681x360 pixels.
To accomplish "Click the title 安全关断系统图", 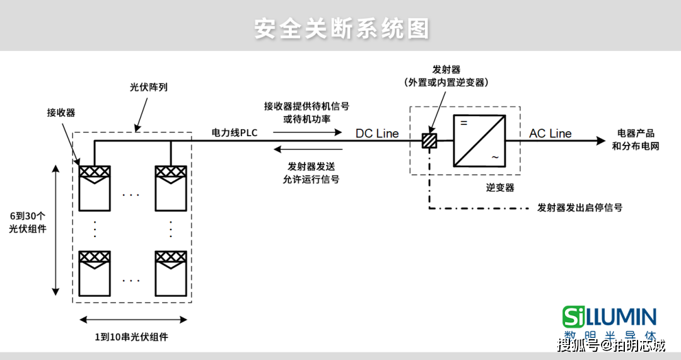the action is coord(342,28).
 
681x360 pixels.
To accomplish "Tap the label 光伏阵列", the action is coord(149,87).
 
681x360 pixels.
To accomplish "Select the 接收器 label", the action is coord(61,112).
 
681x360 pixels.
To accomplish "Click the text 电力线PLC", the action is coord(234,132).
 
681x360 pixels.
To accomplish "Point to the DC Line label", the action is coord(377,133).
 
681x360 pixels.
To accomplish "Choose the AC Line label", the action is coord(550,133).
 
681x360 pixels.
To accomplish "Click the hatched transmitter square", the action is coord(429,141).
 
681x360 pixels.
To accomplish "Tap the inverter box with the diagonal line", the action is coord(479,141).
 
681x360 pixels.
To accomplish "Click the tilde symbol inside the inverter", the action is coord(495,157).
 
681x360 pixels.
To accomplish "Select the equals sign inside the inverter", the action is coord(464,124).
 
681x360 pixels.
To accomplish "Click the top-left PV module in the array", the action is coord(94,188).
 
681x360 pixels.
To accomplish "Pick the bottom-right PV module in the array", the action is coord(171,274).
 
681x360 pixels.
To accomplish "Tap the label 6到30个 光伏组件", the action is coord(27,223).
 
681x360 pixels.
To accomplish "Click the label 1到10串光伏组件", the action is coord(132,337).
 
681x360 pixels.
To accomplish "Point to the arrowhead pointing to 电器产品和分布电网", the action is coord(601,141).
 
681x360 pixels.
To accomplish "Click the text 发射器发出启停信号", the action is coord(580,207).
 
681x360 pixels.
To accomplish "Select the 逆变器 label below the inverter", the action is coord(500,188).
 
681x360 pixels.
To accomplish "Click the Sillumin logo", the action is coord(609,322).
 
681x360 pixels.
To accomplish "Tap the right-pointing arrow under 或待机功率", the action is coord(308,132).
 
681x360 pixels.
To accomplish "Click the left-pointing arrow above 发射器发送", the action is coord(308,149).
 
